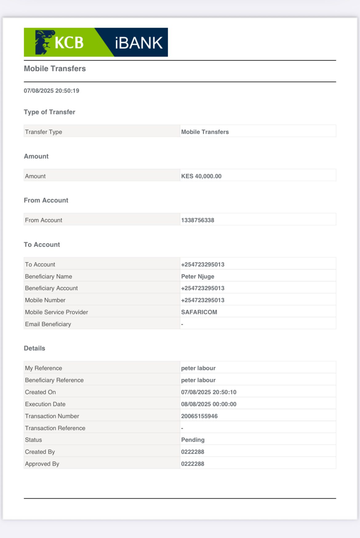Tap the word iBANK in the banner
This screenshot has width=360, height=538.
(x=138, y=43)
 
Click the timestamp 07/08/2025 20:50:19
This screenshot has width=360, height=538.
(x=51, y=91)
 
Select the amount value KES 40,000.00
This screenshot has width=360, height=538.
(x=201, y=176)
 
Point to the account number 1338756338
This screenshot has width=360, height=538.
(x=198, y=220)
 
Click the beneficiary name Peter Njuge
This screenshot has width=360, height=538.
(x=198, y=277)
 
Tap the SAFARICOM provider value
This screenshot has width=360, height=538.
(x=199, y=312)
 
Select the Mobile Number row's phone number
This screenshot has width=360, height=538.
(x=202, y=300)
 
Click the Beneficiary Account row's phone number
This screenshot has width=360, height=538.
(x=202, y=288)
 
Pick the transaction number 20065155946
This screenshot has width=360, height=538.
(x=199, y=416)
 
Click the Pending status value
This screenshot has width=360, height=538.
(x=193, y=440)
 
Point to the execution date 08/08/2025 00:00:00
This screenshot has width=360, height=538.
(x=209, y=404)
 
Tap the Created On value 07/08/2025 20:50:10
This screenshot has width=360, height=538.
(x=209, y=392)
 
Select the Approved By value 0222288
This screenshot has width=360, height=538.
(x=193, y=464)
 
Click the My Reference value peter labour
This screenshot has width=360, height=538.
(x=198, y=368)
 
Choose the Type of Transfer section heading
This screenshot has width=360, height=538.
(x=50, y=112)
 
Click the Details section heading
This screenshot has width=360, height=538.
(x=34, y=348)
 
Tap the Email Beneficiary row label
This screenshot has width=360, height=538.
(x=48, y=324)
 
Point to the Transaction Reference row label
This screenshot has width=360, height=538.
(x=55, y=428)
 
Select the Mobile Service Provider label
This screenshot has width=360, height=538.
(x=57, y=312)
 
